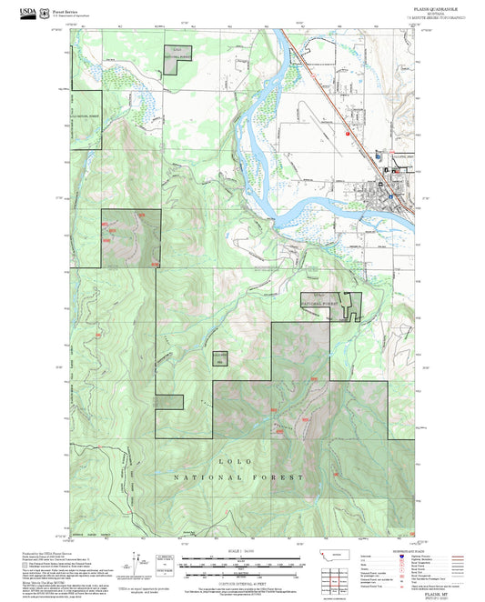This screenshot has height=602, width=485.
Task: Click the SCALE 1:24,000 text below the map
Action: pos(240,551)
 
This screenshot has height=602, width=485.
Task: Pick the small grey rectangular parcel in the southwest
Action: pos(169,400)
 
